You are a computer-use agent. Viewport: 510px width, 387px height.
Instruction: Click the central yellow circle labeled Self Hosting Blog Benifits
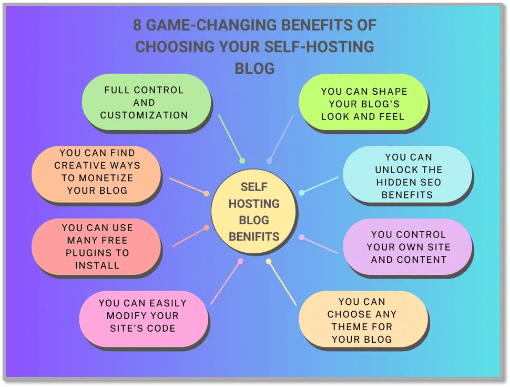253,212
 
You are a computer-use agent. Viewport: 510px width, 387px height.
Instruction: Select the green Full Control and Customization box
146,102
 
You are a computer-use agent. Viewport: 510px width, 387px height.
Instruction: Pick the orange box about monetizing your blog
97,172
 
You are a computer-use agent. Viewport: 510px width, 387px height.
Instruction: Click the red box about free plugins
97,246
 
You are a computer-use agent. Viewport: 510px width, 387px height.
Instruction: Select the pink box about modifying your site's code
143,315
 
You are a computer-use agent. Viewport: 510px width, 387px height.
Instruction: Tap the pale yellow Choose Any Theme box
362,320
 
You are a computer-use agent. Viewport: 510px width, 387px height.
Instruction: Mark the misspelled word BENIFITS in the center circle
253,236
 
